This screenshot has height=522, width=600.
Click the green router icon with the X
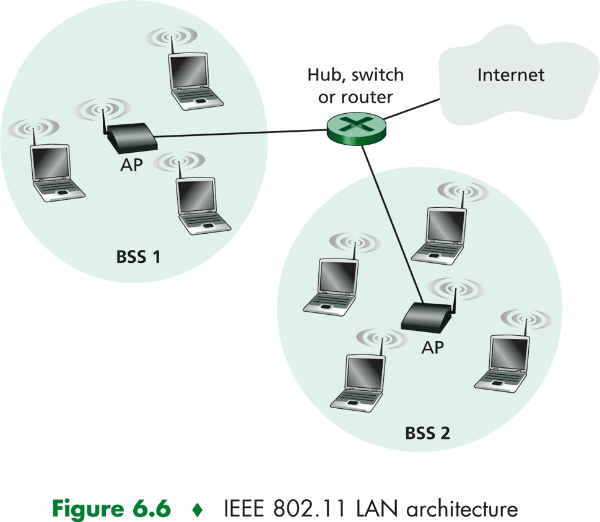(x=356, y=127)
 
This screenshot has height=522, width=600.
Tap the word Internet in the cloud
(x=511, y=75)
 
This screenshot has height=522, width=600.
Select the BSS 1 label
(x=138, y=256)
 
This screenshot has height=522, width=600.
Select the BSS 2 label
(x=427, y=433)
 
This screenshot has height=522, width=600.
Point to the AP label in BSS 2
(x=432, y=348)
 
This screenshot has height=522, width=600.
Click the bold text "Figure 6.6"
(x=111, y=508)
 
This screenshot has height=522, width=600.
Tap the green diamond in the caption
(x=198, y=509)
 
